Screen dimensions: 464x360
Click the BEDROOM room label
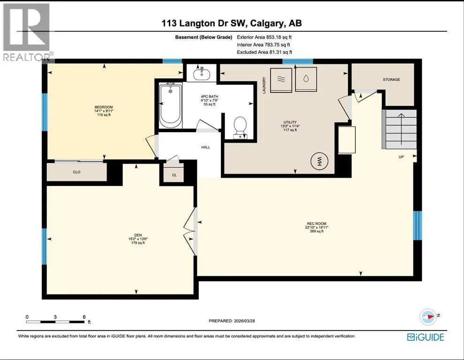pos(104,107)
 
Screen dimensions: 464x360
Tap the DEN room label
pos(138,235)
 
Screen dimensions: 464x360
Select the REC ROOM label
pos(317,224)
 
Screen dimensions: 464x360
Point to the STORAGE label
pos(391,80)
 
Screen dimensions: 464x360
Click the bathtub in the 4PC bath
pos(170,105)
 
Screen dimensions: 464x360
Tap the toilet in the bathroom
pos(240,127)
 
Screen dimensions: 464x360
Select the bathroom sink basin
pos(202,74)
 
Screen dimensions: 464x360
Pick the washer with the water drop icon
pos(306,79)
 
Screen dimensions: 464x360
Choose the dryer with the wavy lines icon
pos(281,80)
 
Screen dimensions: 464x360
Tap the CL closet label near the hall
pos(175,175)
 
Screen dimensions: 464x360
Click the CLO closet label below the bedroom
pos(76,172)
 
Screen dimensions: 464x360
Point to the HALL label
pos(205,147)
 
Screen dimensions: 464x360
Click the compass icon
pos(428,317)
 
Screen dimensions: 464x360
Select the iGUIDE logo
pos(426,337)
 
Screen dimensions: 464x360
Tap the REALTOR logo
pos(27,32)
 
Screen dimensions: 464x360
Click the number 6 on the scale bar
pos(84,317)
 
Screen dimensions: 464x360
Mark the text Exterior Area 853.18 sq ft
pos(264,37)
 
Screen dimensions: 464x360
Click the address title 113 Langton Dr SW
pos(204,23)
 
